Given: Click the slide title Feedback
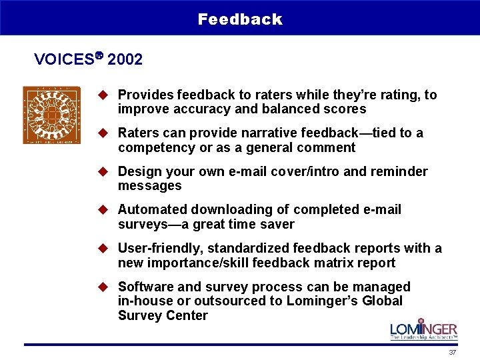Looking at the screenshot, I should click(x=240, y=19).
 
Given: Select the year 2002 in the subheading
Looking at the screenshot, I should click(x=125, y=59).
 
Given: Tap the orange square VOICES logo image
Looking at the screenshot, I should click(x=51, y=115).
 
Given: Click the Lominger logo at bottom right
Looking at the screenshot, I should click(x=423, y=331).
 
